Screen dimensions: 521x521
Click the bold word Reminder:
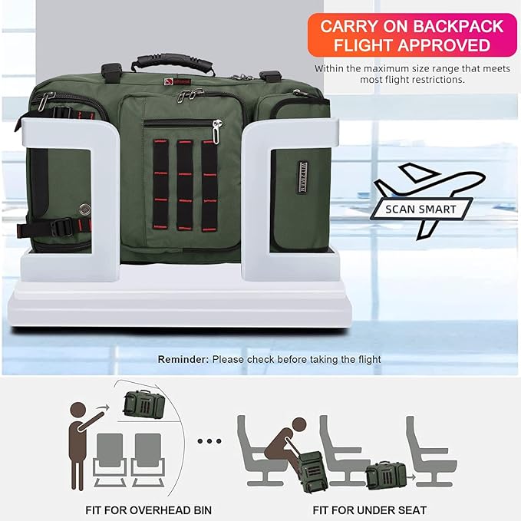(183, 359)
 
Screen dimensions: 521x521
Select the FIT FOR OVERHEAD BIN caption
(148, 509)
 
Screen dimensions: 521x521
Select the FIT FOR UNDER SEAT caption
(371, 509)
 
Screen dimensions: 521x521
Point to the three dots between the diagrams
(209, 441)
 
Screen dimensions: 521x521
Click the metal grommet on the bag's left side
(84, 208)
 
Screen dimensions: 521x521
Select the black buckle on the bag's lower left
(62, 227)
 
